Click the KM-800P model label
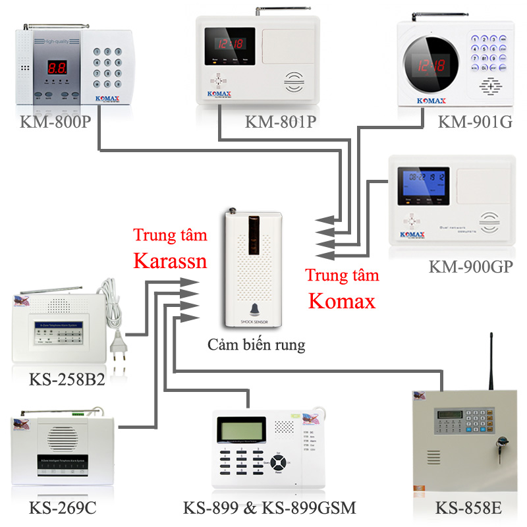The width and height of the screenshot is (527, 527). [55, 123]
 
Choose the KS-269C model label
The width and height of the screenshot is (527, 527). [63, 508]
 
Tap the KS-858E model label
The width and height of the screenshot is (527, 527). [469, 509]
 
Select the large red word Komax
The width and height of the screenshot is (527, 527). [342, 301]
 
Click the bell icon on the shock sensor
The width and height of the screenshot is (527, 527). [254, 310]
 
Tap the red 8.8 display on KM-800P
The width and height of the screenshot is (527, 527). [57, 68]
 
